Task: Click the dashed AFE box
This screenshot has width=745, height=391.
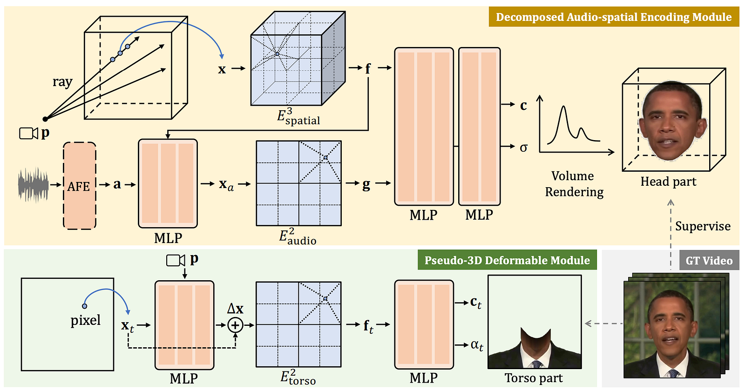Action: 80,186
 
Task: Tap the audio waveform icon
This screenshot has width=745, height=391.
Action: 33,185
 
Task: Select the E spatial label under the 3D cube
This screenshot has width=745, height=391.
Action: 298,116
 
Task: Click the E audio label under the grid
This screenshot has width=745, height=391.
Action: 298,236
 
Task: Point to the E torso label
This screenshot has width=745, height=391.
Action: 298,377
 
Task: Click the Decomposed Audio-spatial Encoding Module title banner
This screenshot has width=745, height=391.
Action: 614,17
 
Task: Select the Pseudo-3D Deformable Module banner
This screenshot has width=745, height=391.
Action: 507,260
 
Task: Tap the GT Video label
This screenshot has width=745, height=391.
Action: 709,260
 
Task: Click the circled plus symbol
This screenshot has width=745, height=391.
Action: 235,325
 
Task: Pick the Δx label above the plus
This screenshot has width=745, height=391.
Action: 235,309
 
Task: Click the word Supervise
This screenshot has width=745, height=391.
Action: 703,226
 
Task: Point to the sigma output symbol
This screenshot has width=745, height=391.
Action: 523,147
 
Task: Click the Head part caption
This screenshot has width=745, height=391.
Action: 668,182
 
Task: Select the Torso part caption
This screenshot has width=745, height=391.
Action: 534,378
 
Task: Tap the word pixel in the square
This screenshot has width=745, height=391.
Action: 86,321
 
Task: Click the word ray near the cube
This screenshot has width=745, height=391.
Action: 62,81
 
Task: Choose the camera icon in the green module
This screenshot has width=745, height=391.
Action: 175,260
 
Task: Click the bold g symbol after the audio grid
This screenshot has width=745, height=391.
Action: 366,184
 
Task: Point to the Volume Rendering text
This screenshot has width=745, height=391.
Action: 574,184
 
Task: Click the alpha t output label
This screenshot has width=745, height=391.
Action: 477,345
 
